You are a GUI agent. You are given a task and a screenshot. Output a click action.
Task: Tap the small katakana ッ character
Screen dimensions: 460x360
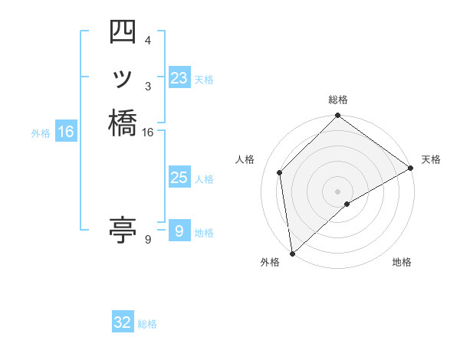(123, 79)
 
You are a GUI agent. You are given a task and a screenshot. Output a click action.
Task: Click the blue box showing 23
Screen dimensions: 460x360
(179, 78)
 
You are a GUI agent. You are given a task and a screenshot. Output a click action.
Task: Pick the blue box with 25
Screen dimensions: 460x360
(179, 178)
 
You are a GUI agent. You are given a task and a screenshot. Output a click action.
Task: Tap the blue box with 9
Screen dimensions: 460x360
(179, 231)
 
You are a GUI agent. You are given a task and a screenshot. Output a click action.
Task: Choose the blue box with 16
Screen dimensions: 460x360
(66, 133)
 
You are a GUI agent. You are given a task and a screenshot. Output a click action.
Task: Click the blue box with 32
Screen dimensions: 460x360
(123, 323)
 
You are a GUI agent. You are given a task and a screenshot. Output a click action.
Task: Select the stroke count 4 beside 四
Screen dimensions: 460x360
(148, 40)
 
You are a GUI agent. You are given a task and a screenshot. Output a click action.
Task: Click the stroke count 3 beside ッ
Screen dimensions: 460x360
(148, 86)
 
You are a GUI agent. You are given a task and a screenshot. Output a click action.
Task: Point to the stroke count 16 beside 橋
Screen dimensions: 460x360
(148, 133)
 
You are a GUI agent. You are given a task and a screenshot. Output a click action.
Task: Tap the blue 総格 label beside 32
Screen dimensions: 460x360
(148, 324)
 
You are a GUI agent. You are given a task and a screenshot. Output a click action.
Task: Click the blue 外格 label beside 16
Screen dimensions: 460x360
(41, 133)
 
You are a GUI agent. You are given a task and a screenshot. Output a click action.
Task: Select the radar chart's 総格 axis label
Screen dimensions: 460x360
(338, 100)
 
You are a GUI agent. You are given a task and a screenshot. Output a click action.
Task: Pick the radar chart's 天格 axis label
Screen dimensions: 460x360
(431, 159)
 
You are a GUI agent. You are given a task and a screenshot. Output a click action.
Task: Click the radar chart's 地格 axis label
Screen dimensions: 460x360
(402, 262)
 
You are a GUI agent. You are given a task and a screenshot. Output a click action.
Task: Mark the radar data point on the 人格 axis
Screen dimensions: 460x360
(280, 172)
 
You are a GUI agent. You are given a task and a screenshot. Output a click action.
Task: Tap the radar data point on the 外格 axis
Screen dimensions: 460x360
(292, 254)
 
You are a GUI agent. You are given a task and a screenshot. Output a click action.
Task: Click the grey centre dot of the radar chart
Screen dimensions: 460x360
(338, 191)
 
